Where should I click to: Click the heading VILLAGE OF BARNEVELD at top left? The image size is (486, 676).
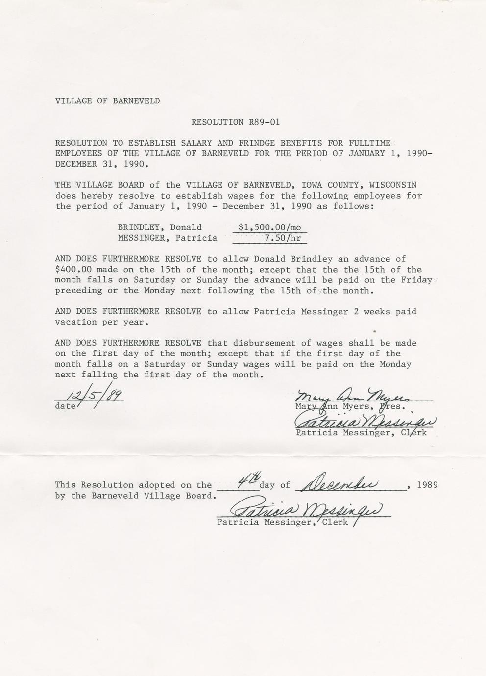[x=107, y=101]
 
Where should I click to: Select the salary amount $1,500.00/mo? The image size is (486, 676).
[x=269, y=227]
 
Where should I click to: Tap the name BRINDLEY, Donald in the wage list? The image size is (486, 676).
[x=160, y=227]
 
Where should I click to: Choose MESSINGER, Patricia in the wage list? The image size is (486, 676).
[x=167, y=238]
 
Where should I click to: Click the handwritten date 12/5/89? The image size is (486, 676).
[x=90, y=394]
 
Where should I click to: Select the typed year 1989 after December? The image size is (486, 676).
[x=427, y=485]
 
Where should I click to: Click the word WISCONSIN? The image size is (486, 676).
[x=393, y=185]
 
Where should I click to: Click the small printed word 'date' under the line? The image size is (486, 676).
[x=66, y=406]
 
